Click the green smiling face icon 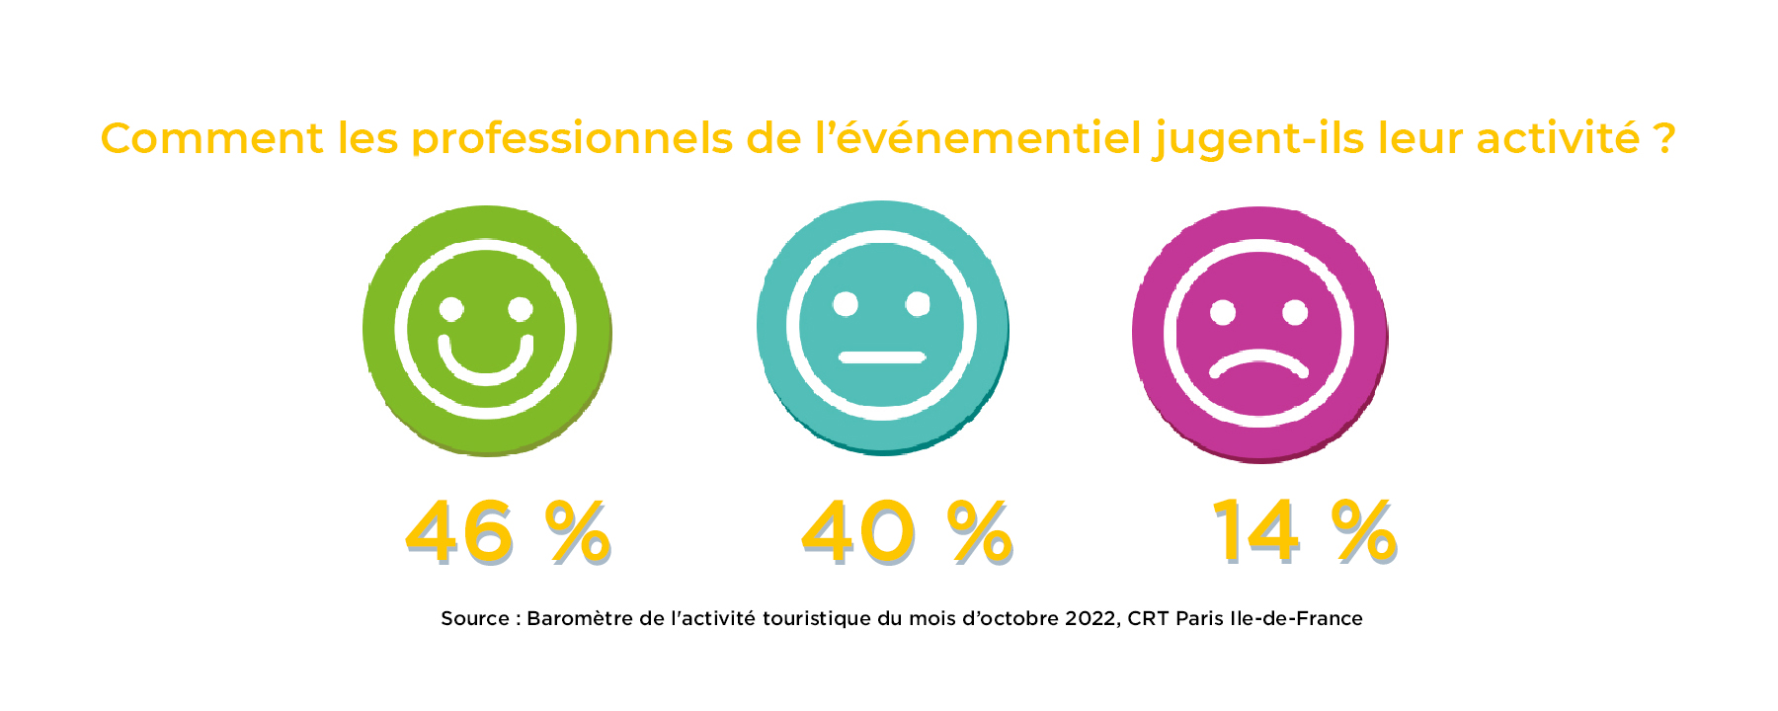pos(487,330)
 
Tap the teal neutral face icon pos(882,327)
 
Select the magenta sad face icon pos(1259,333)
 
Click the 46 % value pos(508,533)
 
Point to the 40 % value pos(907,533)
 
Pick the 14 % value pos(1304,533)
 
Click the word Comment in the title pos(211,138)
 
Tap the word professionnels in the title pos(572,139)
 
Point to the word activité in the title pos(1558,138)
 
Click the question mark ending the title pos(1664,138)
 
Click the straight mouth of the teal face pos(882,356)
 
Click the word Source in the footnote pos(474,619)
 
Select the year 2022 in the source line pos(1091,619)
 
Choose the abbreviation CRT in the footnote pos(1148,619)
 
